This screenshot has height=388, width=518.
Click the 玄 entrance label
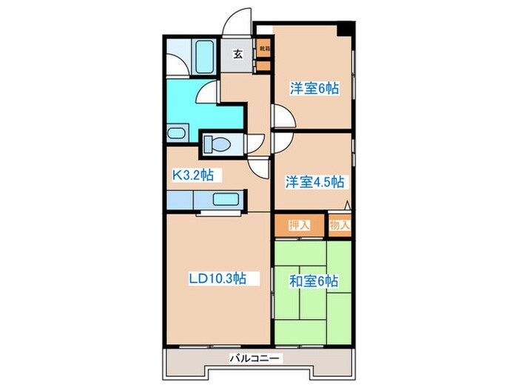pos(238,53)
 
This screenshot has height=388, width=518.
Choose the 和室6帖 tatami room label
pos(314,281)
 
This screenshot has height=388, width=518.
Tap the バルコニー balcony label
pos(255,357)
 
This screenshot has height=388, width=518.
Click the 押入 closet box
pos(299,225)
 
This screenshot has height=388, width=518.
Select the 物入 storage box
pos(339,225)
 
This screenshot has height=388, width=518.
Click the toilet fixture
pos(218,143)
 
